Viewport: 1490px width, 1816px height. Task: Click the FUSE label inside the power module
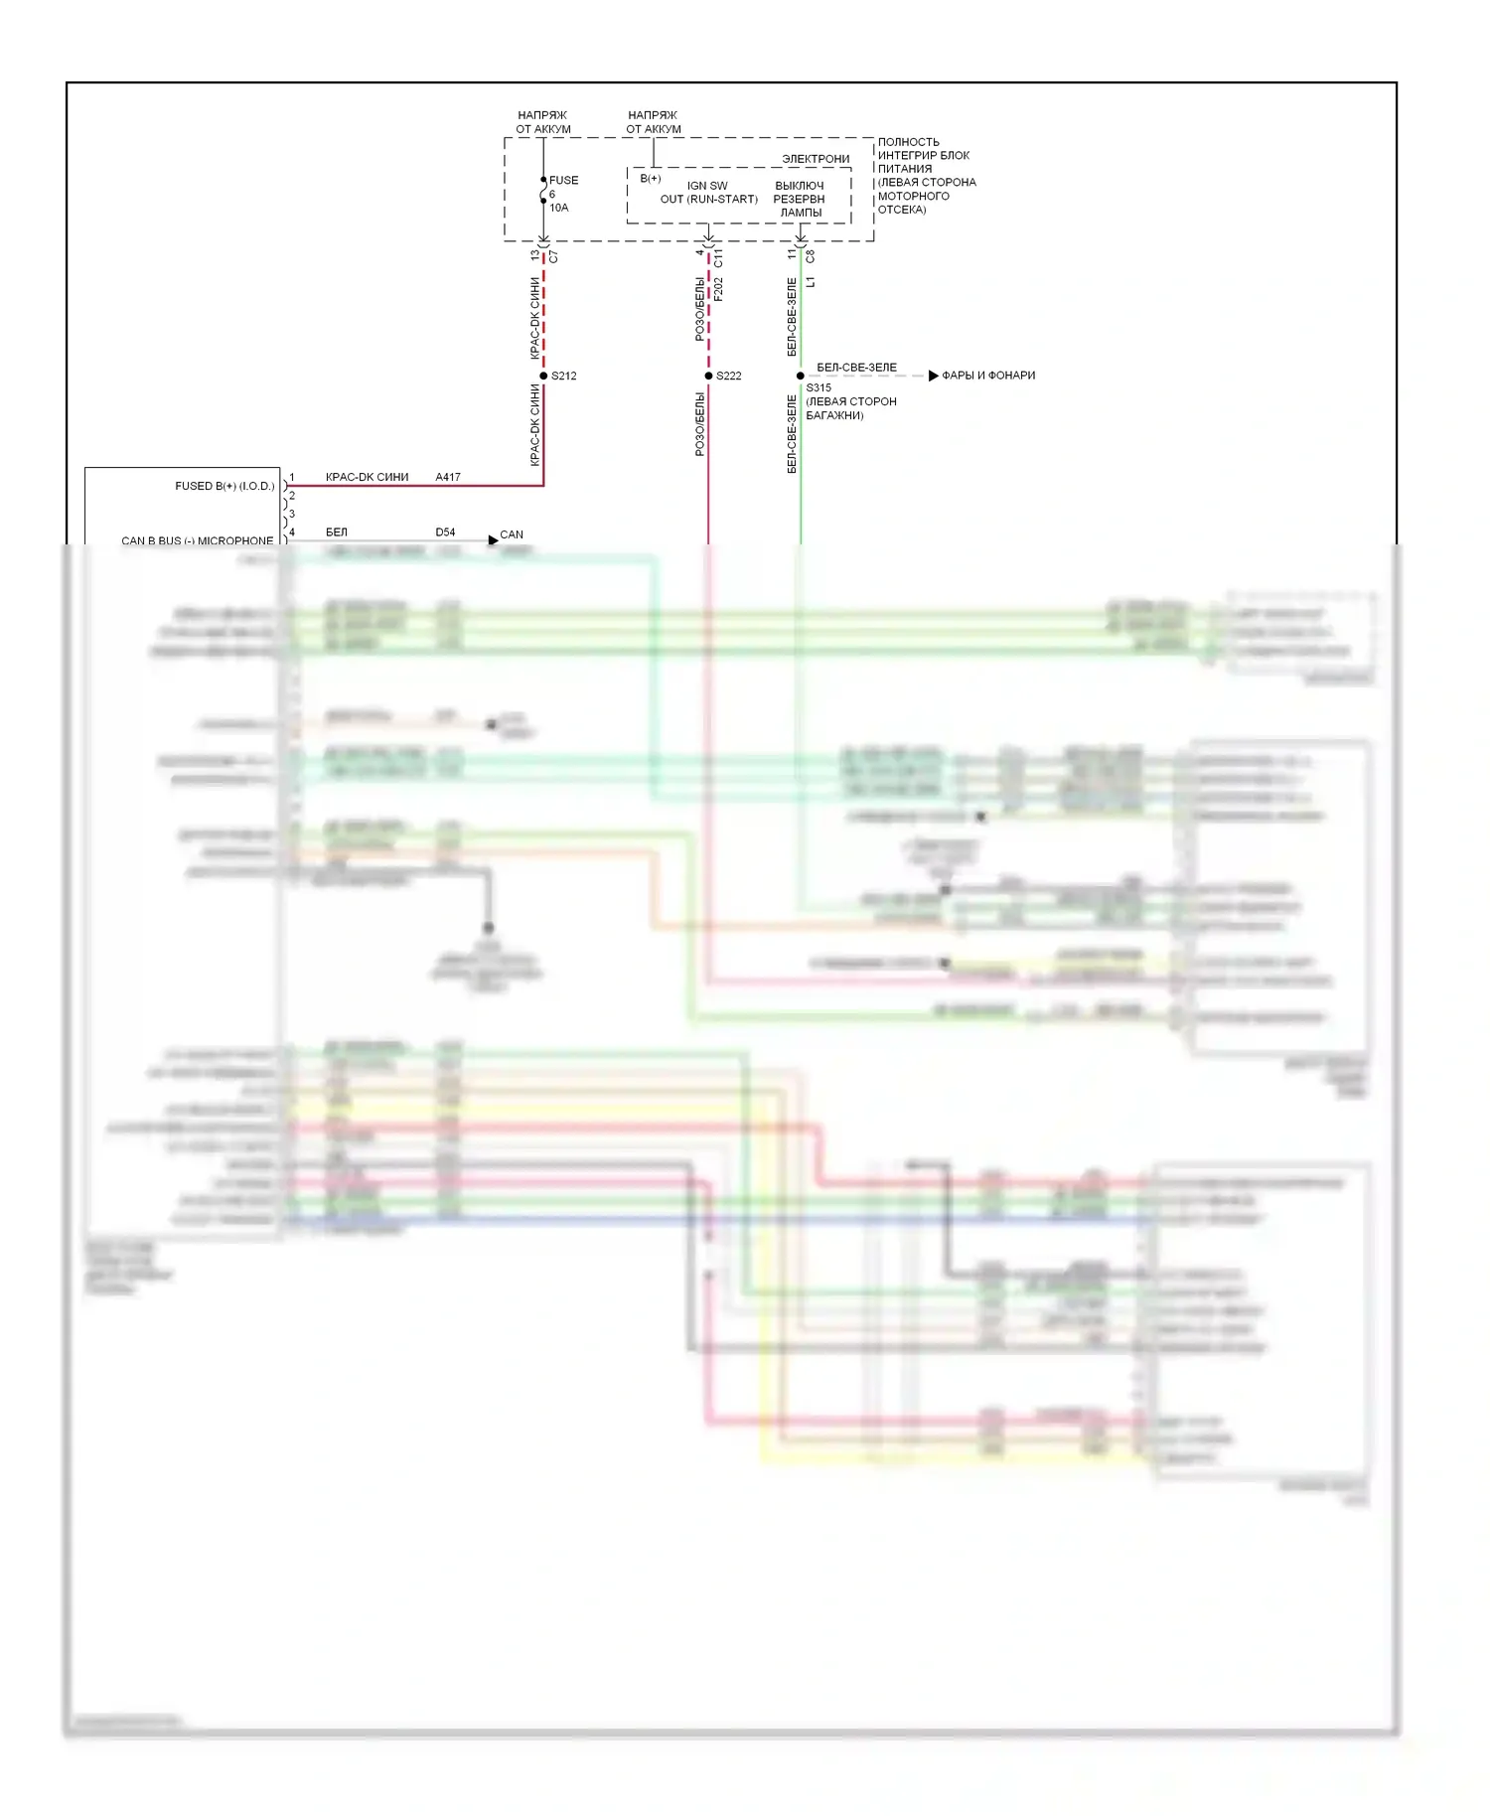pos(563,180)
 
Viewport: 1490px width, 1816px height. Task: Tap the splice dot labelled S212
pos(543,376)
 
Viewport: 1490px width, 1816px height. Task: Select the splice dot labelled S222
pos(708,376)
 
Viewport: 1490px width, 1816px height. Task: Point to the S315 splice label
pos(819,388)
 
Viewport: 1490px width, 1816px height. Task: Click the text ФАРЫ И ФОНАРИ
pos(988,376)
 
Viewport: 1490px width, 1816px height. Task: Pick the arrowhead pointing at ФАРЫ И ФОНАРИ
pos(933,376)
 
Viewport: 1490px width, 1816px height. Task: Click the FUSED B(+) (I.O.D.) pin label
pos(224,486)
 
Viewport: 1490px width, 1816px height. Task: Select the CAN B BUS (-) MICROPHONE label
pos(197,540)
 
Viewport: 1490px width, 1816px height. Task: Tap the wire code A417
pos(448,477)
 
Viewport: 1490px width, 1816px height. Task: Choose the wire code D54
pos(445,532)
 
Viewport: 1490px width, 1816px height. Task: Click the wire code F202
pos(718,289)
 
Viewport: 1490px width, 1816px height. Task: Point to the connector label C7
pos(553,256)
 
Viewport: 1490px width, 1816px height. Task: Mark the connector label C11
pos(718,258)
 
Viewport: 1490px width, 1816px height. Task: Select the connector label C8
pos(811,256)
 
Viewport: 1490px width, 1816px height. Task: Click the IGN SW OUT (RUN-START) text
pos(708,193)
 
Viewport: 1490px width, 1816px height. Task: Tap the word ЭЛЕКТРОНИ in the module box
pos(816,159)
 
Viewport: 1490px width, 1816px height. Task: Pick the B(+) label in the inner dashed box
pos(651,179)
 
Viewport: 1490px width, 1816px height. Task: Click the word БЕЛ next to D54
pos(337,532)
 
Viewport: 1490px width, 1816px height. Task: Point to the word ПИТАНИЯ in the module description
pos(905,169)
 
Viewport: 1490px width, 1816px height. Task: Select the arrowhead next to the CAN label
pos(493,540)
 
